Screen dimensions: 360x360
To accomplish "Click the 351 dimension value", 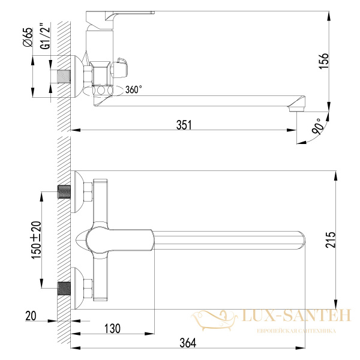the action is pyautogui.click(x=184, y=125).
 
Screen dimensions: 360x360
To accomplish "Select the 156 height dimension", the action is pyautogui.click(x=324, y=61).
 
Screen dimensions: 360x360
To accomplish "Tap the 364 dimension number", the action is pyautogui.click(x=188, y=343).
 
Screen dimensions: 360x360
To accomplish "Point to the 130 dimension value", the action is pyautogui.click(x=112, y=329).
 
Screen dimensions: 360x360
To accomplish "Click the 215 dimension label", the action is pyautogui.click(x=331, y=239).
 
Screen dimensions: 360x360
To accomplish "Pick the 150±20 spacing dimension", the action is pyautogui.click(x=36, y=240).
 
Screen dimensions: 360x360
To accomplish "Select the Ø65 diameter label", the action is pyautogui.click(x=28, y=37).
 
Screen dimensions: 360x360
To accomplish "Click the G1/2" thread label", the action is pyautogui.click(x=45, y=36).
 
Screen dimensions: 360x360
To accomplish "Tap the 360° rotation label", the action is pyautogui.click(x=133, y=89).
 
